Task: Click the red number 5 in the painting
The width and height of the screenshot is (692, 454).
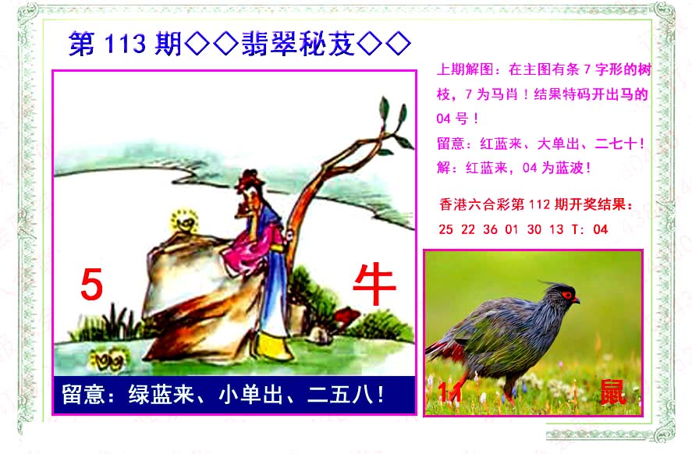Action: (92, 285)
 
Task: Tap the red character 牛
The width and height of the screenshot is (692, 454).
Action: (374, 285)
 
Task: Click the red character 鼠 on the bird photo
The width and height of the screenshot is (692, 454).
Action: (613, 391)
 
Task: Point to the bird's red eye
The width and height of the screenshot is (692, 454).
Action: (566, 295)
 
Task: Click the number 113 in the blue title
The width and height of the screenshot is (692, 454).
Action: (126, 44)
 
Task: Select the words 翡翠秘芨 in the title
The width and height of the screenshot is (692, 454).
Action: (298, 44)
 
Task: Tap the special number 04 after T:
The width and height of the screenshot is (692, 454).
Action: (600, 229)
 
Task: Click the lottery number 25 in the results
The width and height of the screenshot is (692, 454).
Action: (445, 229)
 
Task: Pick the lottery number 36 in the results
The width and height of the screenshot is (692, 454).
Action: (490, 229)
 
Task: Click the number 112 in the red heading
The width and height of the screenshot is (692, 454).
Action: (539, 204)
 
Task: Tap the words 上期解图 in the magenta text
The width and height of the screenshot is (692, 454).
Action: (465, 69)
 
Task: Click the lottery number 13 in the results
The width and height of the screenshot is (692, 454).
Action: (556, 229)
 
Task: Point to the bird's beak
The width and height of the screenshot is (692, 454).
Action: (576, 300)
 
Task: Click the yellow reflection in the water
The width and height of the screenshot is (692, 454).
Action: (109, 360)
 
